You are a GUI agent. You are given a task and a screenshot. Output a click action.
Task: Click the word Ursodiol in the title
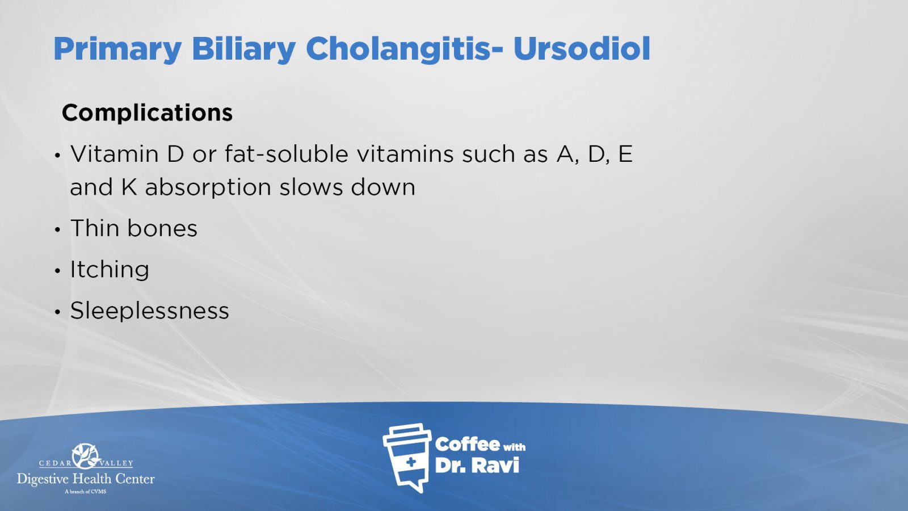[x=582, y=49]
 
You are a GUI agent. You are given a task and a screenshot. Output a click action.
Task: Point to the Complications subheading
[x=147, y=113]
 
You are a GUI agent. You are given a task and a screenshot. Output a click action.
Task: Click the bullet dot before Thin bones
[x=57, y=229]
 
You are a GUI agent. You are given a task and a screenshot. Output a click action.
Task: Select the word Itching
[x=110, y=269]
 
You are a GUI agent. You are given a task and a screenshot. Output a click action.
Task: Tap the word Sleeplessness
[x=150, y=311]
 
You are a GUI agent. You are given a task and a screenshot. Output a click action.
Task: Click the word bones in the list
[x=162, y=228]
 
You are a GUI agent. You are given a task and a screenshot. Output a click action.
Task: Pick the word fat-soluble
[x=286, y=154]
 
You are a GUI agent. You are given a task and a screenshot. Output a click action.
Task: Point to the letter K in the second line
[x=129, y=187]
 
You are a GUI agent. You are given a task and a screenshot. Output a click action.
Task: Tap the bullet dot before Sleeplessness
[x=57, y=312]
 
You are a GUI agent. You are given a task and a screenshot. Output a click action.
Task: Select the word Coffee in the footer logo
[x=467, y=445]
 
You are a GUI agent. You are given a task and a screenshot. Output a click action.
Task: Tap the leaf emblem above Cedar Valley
[x=86, y=456]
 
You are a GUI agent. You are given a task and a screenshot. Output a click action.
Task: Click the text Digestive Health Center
[x=86, y=479]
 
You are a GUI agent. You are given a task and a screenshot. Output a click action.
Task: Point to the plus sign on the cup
[x=411, y=462]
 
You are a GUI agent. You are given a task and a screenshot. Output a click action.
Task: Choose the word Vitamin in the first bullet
[x=115, y=154]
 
